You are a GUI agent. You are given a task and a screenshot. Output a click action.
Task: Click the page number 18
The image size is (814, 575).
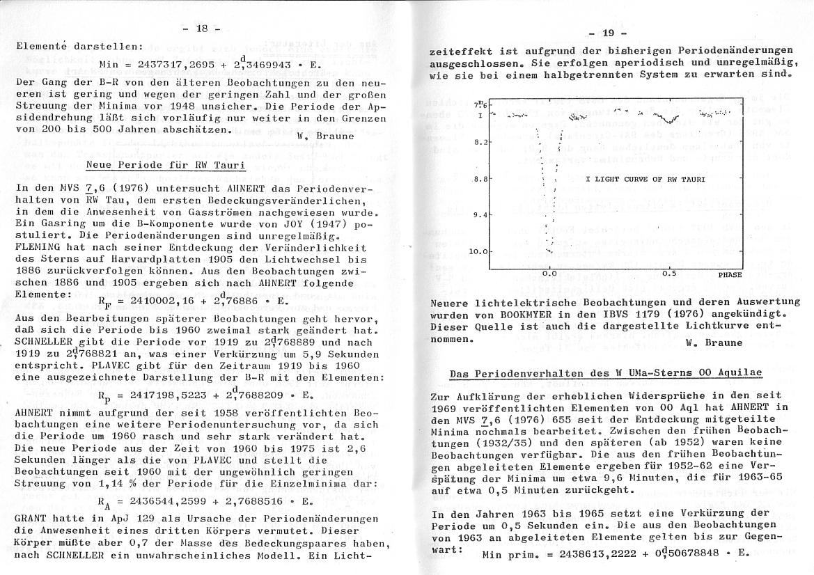point(201,29)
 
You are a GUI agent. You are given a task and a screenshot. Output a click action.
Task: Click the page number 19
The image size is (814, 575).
point(607,32)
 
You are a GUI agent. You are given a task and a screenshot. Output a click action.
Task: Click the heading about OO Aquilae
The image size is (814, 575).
point(606,374)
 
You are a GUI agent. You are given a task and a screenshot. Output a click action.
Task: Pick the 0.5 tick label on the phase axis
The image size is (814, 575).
point(669,273)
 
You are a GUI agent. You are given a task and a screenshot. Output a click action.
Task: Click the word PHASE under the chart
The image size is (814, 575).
point(731,275)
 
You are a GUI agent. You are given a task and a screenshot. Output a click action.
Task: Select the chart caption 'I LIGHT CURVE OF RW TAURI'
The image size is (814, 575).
point(645,179)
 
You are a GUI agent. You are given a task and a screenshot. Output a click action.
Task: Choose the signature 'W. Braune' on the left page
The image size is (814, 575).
point(325,136)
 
